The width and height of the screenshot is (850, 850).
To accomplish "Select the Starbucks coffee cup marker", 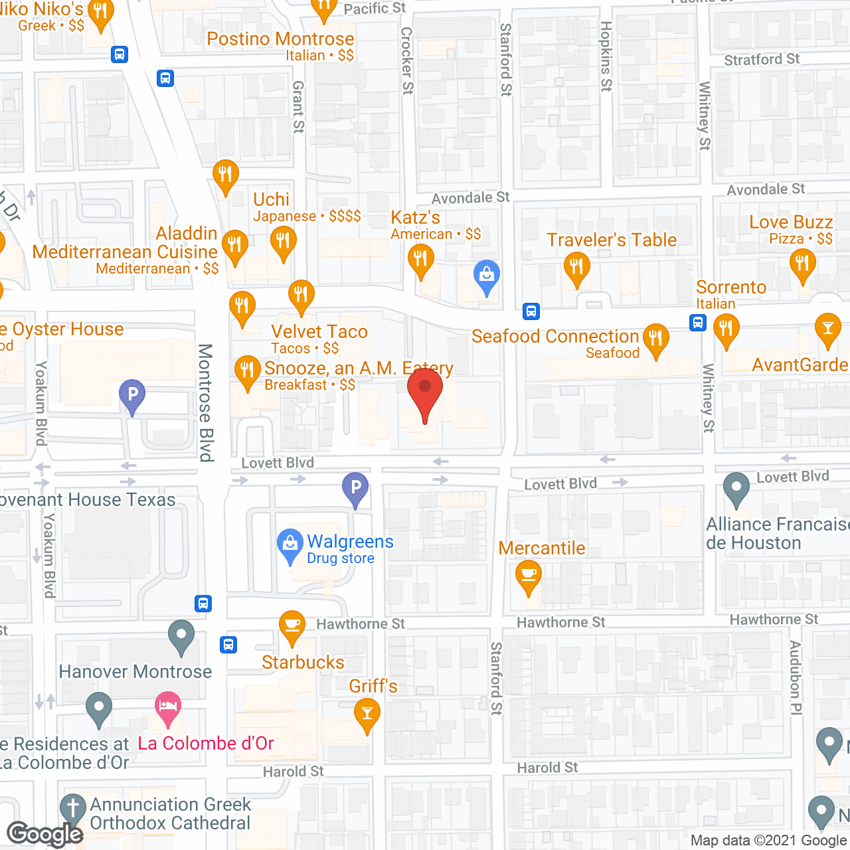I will coord(292,626).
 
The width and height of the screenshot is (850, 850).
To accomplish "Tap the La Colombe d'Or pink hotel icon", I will coord(168,707).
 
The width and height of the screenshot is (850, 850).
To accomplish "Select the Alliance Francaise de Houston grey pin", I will coord(736,488).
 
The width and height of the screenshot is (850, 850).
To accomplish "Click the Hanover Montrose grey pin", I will coord(181,636).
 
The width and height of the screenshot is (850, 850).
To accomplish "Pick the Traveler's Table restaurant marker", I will coord(576,267).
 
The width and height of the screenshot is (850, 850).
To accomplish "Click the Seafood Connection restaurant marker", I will coord(655,339).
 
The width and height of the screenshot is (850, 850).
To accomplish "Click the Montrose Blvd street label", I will coord(206,402).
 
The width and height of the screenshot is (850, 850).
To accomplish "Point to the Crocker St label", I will coord(406,60).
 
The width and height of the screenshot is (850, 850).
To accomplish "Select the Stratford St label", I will coord(762,60).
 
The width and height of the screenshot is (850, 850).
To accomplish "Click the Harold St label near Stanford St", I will coord(547,768).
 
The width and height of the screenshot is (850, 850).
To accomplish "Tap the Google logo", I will coord(45,833).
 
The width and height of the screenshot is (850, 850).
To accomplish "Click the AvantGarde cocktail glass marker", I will coord(827,329).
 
